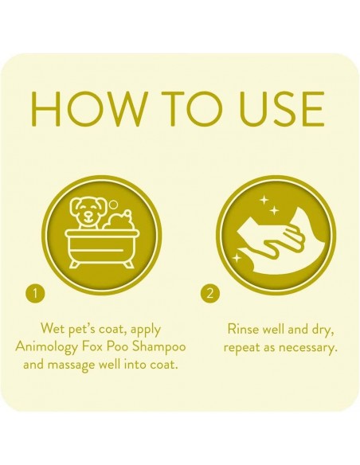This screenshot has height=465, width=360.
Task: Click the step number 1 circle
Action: (x=32, y=292)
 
